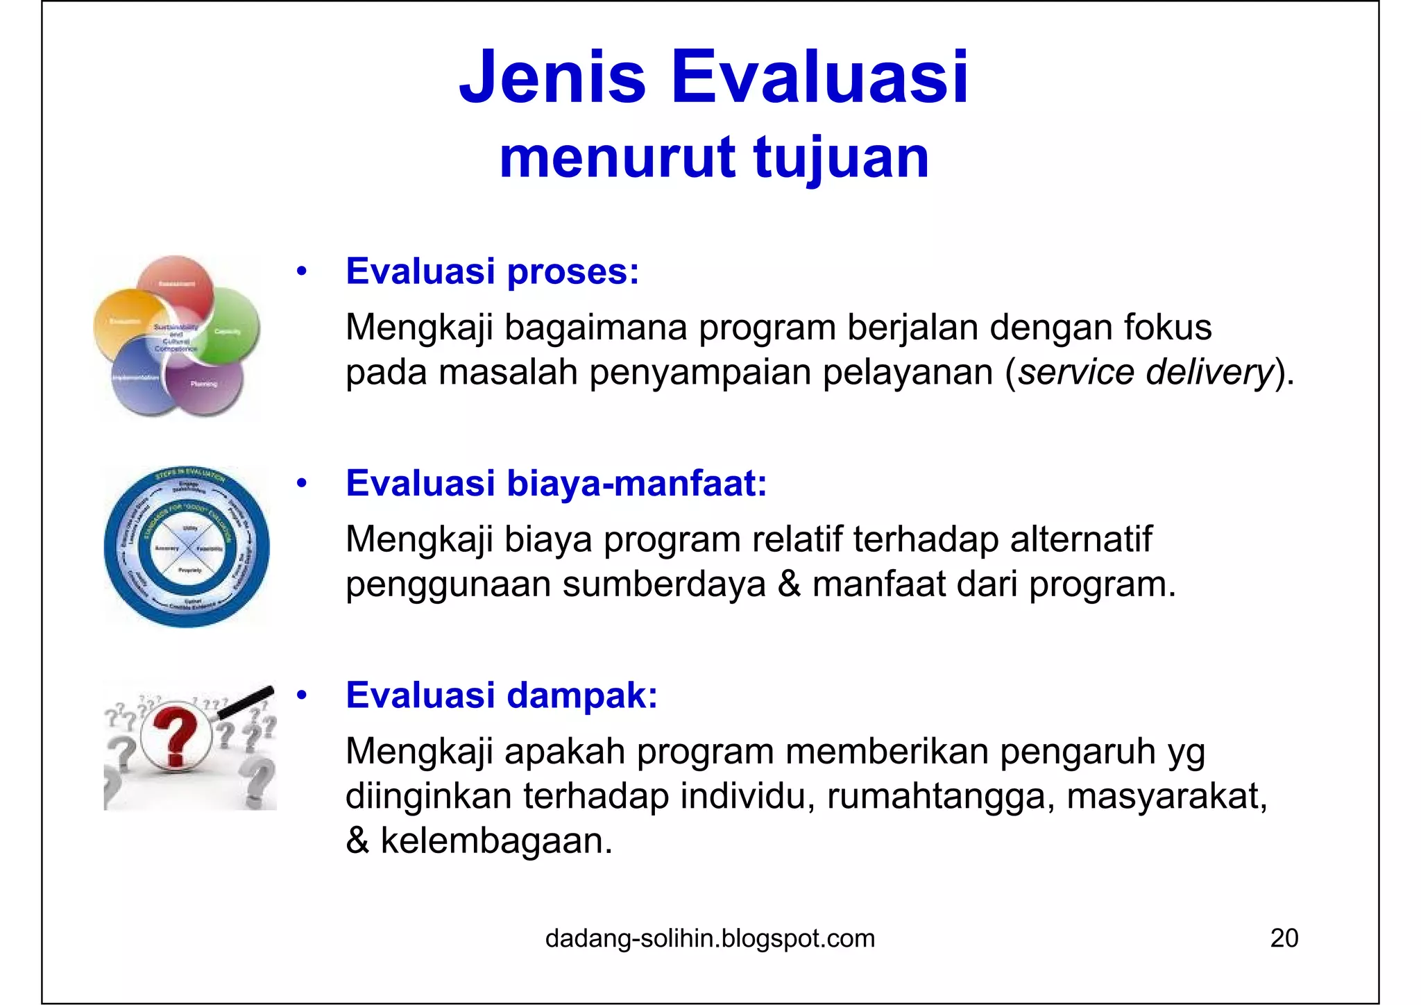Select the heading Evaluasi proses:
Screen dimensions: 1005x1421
[x=492, y=271]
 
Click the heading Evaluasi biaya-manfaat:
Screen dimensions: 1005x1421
[x=556, y=483]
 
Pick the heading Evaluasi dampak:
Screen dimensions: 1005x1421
[x=501, y=695]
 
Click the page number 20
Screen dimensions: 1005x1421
[x=1284, y=938]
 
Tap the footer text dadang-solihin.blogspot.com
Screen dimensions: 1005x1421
[x=710, y=938]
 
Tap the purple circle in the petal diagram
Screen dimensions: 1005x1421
[x=212, y=383]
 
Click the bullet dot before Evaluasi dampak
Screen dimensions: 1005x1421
[x=301, y=695]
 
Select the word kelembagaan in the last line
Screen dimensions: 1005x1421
[x=496, y=841]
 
